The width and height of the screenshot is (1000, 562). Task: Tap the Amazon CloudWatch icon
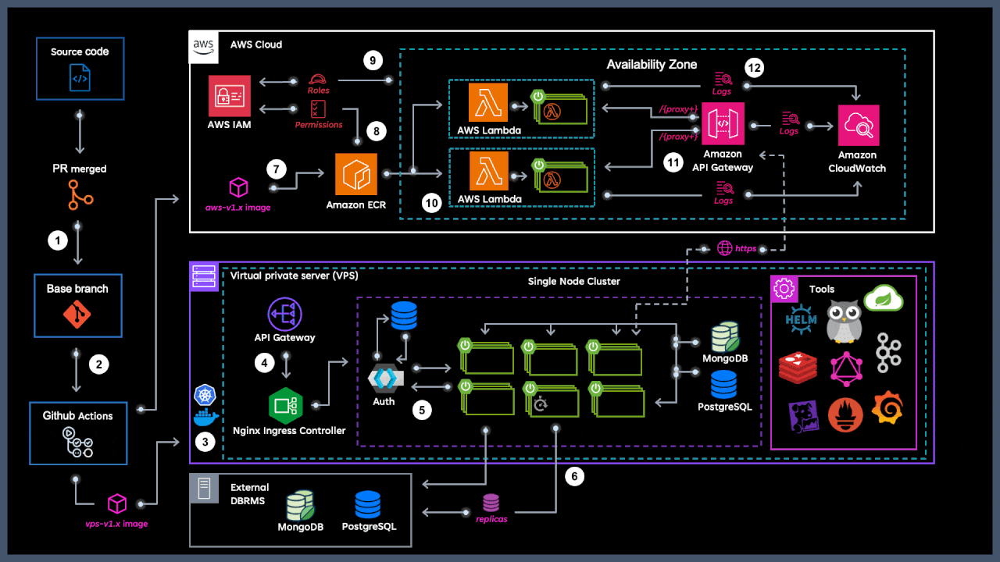(x=859, y=126)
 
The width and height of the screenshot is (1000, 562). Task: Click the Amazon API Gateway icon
(x=723, y=125)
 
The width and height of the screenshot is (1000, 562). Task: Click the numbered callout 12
(x=753, y=68)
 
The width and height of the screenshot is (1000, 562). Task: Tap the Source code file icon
(x=80, y=79)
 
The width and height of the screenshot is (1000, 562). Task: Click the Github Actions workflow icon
(x=77, y=442)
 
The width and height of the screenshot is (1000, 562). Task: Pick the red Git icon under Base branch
(x=77, y=315)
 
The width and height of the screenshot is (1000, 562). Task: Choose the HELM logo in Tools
(x=802, y=321)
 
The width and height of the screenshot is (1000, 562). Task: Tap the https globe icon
(x=724, y=249)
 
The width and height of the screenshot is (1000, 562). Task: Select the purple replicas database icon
(x=491, y=502)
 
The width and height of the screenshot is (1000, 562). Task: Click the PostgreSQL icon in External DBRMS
(x=368, y=505)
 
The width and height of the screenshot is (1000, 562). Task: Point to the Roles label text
(x=318, y=91)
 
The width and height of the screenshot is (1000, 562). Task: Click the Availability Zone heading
(x=652, y=64)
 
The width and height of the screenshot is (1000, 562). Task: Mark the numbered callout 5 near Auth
(x=423, y=411)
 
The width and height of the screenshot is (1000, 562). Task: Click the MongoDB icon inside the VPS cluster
(x=724, y=337)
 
